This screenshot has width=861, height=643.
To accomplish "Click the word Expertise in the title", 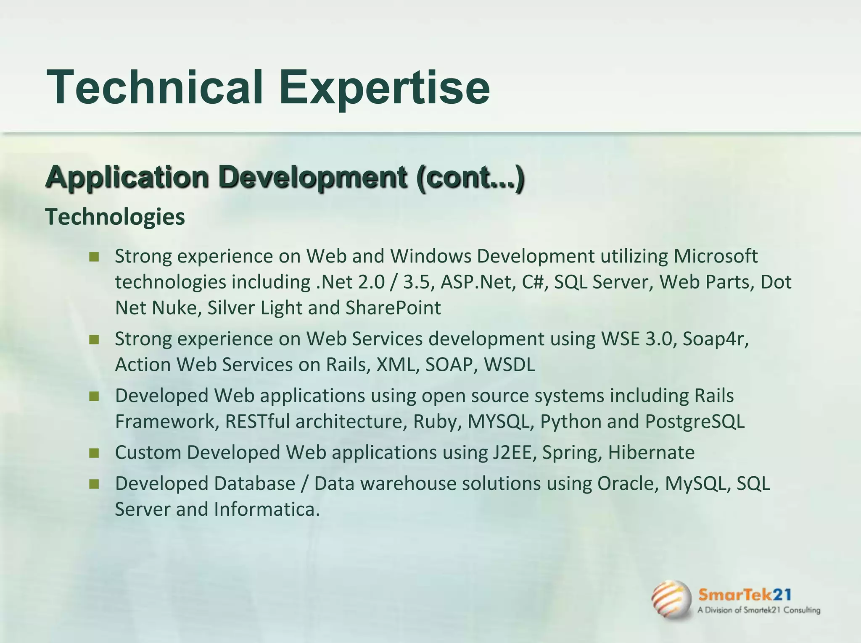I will [384, 87].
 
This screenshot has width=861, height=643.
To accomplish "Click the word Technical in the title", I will [155, 87].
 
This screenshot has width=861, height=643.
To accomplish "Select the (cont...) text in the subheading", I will [470, 177].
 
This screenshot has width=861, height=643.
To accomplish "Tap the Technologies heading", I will [115, 217].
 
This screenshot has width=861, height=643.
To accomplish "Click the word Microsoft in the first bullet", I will [716, 256].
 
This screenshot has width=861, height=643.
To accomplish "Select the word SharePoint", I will [393, 308].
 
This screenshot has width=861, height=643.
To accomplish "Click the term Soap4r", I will [715, 339].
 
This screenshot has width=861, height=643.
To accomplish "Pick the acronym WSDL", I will [509, 365].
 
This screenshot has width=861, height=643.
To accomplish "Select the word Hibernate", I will [651, 452].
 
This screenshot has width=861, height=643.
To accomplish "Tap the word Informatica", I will [267, 509].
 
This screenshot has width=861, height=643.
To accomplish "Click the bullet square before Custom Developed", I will [94, 453].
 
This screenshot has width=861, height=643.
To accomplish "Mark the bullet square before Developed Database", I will [94, 484].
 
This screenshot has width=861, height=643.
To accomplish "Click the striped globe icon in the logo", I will [671, 600].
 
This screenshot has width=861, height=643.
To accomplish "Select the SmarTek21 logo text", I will [745, 595].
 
